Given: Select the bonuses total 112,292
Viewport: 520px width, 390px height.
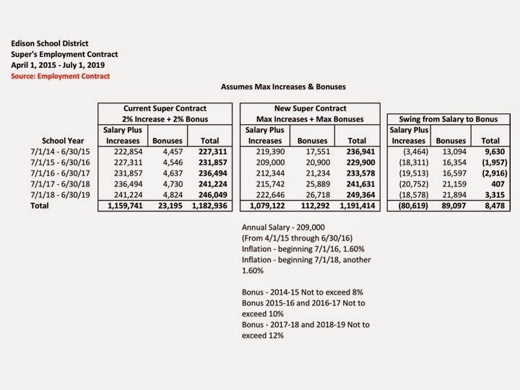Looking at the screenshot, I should point(311,206).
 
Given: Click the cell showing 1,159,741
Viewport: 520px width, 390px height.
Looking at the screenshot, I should point(123,206).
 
